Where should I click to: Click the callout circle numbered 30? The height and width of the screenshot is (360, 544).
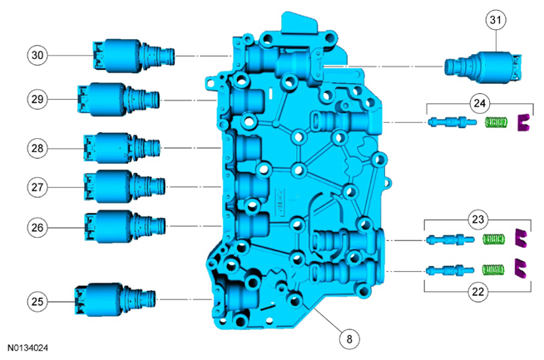pyautogui.click(x=37, y=55)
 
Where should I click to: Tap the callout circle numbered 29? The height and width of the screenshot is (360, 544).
pyautogui.click(x=37, y=99)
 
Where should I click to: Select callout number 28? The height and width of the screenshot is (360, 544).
pyautogui.click(x=37, y=149)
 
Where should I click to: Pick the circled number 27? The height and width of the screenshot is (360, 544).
pyautogui.click(x=37, y=187)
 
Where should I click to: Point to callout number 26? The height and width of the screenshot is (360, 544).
pyautogui.click(x=37, y=228)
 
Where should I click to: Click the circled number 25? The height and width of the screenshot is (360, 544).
pyautogui.click(x=37, y=301)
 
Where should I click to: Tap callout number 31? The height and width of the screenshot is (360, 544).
pyautogui.click(x=496, y=20)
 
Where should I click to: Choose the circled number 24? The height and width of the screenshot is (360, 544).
pyautogui.click(x=479, y=103)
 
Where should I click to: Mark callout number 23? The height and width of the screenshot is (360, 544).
pyautogui.click(x=477, y=219)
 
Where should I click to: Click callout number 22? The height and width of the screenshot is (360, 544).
pyautogui.click(x=477, y=292)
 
